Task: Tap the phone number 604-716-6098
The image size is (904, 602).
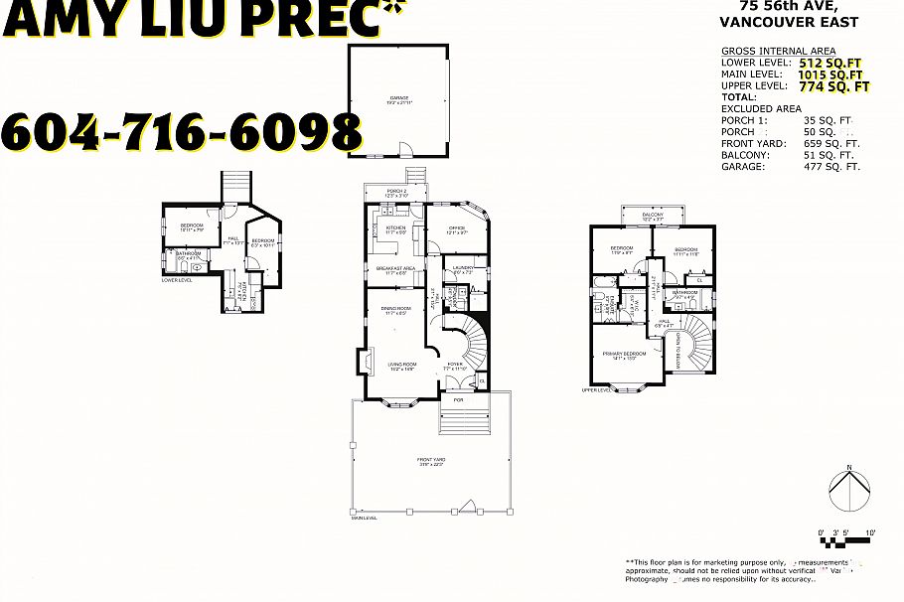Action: (x=182, y=132)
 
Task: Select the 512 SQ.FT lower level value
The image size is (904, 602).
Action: (x=836, y=63)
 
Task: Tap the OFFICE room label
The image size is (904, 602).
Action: (x=457, y=229)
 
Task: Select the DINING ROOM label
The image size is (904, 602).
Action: (x=397, y=310)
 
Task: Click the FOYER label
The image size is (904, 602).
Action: (x=455, y=366)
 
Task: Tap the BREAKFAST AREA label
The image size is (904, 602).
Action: (x=394, y=269)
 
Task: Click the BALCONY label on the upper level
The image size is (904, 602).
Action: (x=653, y=215)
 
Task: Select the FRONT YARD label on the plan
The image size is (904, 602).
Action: (x=431, y=461)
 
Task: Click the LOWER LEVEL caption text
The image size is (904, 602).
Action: (x=177, y=280)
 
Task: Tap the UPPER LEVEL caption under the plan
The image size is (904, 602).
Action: (x=596, y=390)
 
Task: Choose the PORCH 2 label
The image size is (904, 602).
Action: (x=396, y=192)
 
